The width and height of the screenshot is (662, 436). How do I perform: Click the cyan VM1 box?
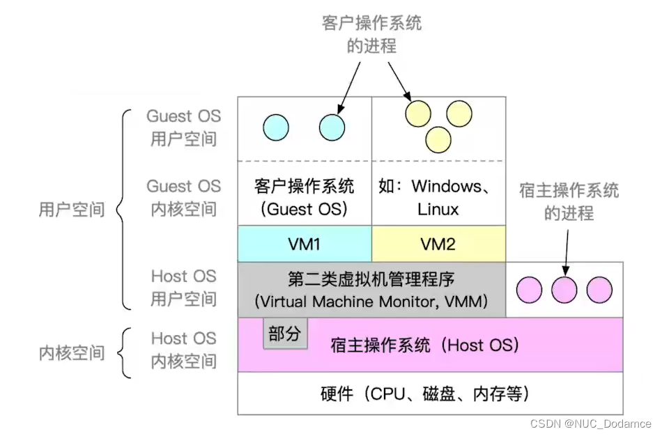point(305,244)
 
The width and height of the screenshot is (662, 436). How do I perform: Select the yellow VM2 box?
point(438,244)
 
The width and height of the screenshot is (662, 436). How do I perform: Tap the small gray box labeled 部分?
point(284,334)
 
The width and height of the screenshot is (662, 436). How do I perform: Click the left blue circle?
point(275,127)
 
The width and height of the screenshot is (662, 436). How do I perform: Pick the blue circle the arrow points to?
point(332,127)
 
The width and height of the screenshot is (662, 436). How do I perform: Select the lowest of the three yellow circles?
point(439,138)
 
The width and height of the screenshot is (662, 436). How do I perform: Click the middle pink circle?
point(564,289)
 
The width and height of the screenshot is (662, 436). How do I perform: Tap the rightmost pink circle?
point(599,289)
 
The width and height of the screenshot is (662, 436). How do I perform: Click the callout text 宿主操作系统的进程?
point(569,202)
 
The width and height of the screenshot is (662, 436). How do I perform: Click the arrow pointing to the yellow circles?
point(399,81)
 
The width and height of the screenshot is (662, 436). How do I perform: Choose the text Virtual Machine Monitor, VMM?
point(371,302)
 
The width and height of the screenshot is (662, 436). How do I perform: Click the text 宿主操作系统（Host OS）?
point(424,345)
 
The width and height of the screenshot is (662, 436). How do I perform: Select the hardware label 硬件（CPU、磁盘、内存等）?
point(429,394)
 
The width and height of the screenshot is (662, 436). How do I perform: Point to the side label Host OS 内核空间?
point(184,350)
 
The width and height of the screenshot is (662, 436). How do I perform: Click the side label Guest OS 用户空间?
point(184,127)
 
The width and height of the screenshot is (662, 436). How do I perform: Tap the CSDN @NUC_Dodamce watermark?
point(590,423)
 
